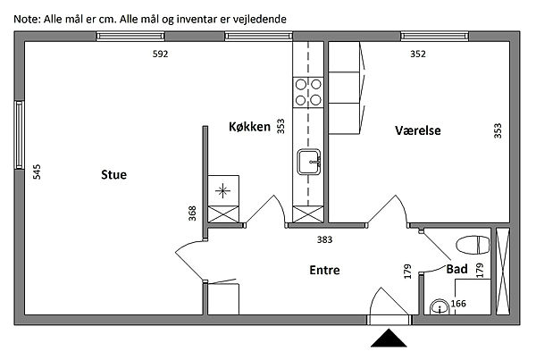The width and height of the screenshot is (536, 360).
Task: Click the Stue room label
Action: (113, 175)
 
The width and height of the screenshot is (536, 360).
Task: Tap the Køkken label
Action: (249, 128)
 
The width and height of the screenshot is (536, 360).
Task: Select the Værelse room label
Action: (418, 131)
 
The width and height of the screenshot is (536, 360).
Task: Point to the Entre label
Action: (324, 270)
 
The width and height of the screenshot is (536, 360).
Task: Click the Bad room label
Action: (456, 268)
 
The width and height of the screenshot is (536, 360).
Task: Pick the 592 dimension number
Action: (160, 54)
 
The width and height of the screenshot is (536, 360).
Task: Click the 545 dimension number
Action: (37, 172)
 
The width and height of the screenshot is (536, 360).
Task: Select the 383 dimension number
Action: (326, 239)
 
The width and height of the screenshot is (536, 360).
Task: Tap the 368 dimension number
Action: (191, 213)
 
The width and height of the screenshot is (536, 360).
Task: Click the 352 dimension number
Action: (418, 54)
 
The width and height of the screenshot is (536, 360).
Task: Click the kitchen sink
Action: (309, 163)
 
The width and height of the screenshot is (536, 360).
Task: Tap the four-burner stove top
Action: (309, 92)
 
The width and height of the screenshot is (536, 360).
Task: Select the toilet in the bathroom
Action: (471, 245)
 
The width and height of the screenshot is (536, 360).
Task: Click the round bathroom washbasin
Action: (439, 306)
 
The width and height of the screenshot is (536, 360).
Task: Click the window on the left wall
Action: (18, 134)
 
